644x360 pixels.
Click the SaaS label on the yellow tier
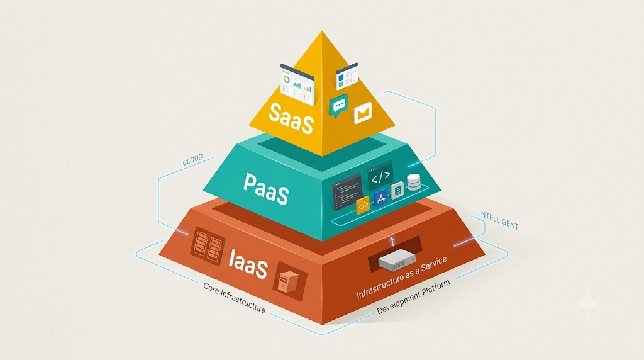(x=291, y=118)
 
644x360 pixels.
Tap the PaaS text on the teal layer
(x=266, y=188)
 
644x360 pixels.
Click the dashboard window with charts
(x=297, y=84)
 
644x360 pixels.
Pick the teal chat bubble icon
(x=338, y=106)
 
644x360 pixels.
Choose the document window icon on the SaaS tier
(x=347, y=76)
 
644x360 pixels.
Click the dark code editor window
(x=347, y=191)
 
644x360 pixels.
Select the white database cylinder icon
(x=414, y=182)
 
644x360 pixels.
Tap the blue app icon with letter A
(x=380, y=198)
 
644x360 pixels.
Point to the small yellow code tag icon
(x=363, y=205)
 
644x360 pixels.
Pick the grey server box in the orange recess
(x=397, y=260)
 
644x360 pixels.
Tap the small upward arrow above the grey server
(x=392, y=241)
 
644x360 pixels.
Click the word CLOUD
(x=192, y=160)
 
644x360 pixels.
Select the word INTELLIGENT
(x=499, y=220)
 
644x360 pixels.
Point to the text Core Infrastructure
(x=235, y=298)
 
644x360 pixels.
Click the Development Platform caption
(x=413, y=296)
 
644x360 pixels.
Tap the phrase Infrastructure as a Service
(x=401, y=278)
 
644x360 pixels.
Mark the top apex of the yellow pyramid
(x=322, y=31)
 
